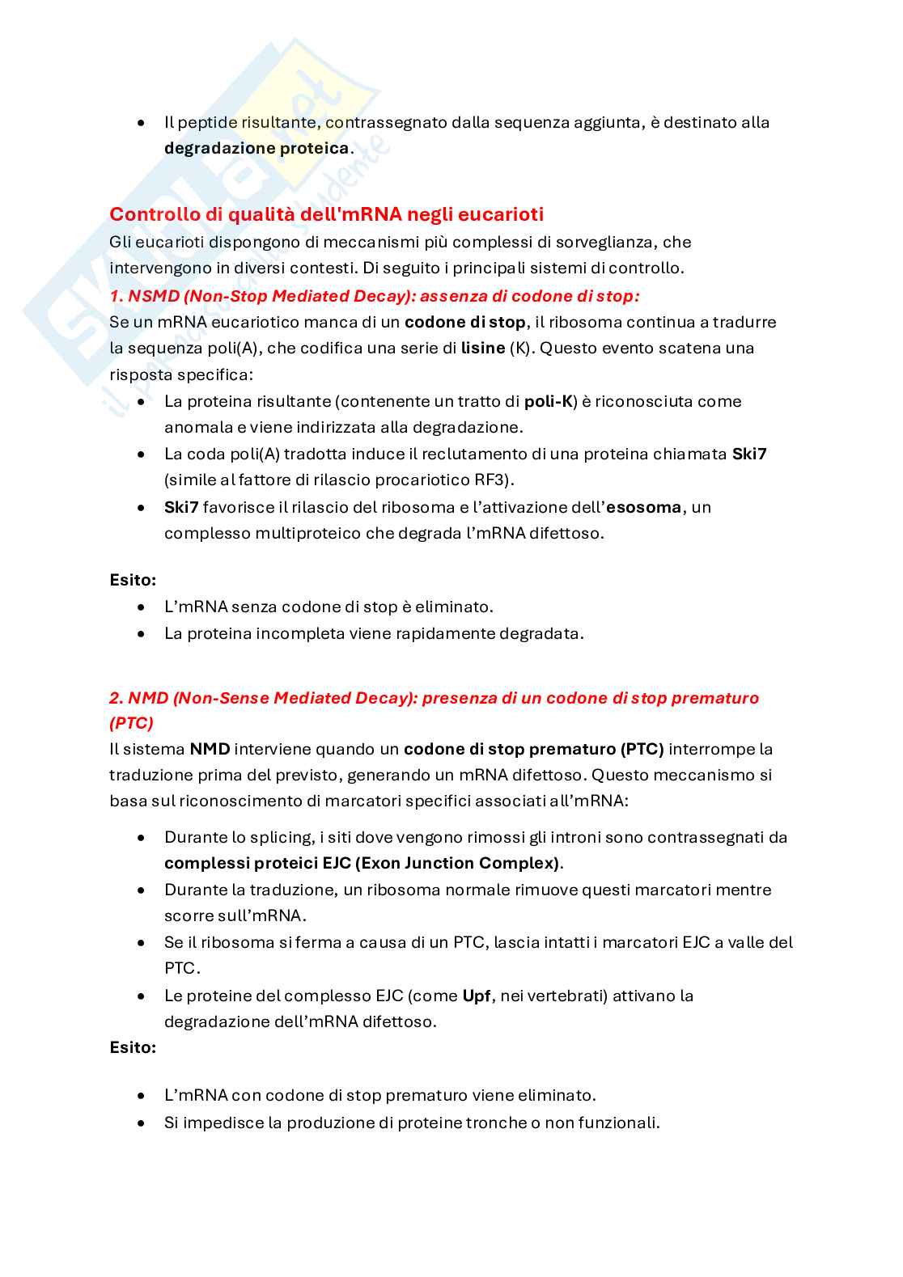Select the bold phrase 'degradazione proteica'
point(256,149)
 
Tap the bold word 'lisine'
point(482,349)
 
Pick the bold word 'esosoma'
point(643,507)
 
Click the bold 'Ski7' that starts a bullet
point(181,507)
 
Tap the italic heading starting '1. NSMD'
point(374,296)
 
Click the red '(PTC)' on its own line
point(131,722)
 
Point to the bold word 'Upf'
point(477,996)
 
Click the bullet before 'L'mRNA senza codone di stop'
point(142,607)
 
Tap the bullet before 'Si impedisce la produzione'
point(142,1123)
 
